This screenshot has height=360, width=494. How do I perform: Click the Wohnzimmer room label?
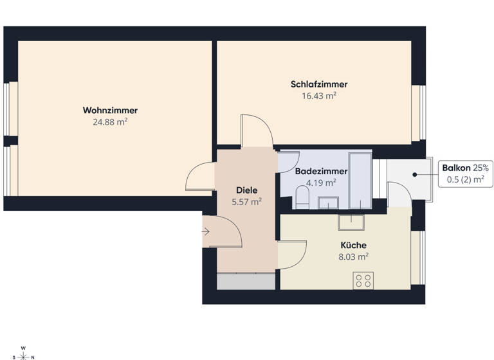[110, 110]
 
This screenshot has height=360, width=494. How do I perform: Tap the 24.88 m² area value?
[110, 121]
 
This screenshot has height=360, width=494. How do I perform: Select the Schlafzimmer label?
[319, 84]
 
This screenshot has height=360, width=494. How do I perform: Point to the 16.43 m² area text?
[319, 95]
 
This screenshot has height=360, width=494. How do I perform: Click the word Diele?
[247, 190]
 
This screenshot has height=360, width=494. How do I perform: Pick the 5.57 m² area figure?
[247, 202]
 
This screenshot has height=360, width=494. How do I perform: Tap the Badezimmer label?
[321, 172]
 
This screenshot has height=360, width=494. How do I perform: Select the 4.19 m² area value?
[321, 183]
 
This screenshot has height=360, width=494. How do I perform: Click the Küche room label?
[354, 245]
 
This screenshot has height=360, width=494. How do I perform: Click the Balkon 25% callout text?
[465, 168]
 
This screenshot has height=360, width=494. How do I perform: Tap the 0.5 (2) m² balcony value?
[465, 179]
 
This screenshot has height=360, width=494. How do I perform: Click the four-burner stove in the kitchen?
[363, 280]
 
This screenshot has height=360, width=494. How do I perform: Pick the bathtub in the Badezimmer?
[360, 180]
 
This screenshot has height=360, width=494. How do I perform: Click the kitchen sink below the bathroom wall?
[352, 222]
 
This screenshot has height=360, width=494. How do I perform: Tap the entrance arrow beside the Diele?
[206, 231]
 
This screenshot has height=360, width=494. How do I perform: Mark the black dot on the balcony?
[416, 174]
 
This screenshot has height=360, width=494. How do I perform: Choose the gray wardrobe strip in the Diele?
[247, 281]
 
